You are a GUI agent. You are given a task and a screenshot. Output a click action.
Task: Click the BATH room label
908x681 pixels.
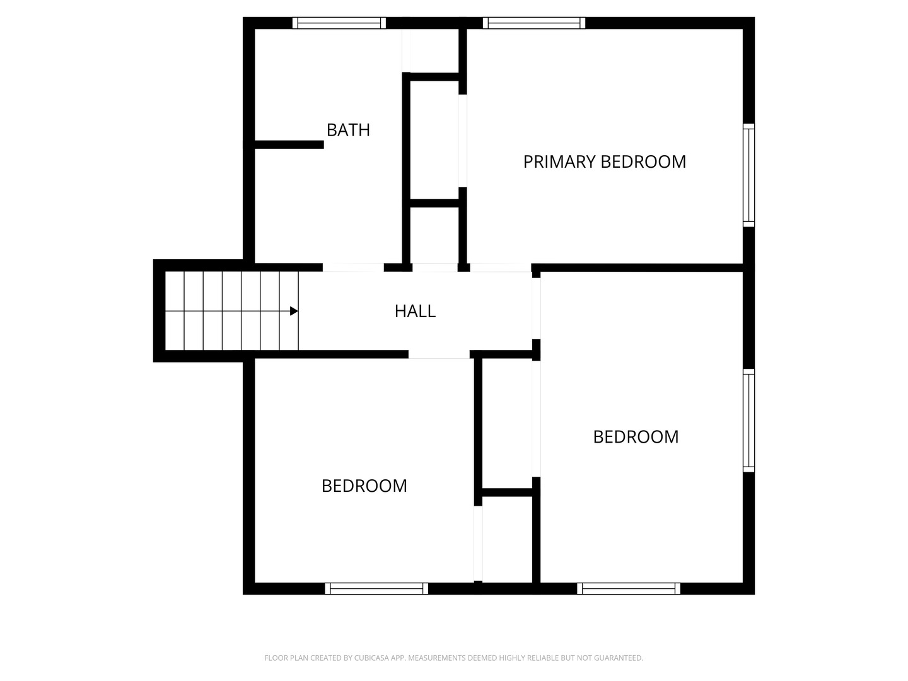[348, 130]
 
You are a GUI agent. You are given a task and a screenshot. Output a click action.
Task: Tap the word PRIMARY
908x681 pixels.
[559, 161]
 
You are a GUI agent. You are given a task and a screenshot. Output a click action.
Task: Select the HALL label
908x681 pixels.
[415, 311]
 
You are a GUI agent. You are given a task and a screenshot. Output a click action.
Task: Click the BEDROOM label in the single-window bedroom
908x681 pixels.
[364, 486]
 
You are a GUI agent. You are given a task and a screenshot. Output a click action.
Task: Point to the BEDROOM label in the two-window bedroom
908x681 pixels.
[636, 436]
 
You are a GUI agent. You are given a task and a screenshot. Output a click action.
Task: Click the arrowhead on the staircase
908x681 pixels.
[294, 311]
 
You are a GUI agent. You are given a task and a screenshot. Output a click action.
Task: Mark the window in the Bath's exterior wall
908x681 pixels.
[339, 23]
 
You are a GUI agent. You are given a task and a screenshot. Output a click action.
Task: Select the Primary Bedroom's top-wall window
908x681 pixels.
[533, 23]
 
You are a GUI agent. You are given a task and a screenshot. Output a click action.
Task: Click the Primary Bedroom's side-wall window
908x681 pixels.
[748, 175]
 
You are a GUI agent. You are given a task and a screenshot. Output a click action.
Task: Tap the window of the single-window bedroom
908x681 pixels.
[376, 588]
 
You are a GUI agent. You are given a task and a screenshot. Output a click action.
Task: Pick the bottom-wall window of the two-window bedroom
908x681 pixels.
[629, 588]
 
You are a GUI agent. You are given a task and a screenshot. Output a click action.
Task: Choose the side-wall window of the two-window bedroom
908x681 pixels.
[748, 420]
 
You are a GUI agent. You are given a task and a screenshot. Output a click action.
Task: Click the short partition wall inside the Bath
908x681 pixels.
[289, 145]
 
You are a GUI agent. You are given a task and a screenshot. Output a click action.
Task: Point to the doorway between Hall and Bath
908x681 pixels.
[353, 267]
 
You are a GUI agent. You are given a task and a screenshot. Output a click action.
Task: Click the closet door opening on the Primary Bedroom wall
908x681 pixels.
[462, 141]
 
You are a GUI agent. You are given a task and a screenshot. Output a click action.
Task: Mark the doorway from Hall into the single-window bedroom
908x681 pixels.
[439, 354]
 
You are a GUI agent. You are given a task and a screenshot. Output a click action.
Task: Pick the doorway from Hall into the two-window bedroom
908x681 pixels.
[536, 308]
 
